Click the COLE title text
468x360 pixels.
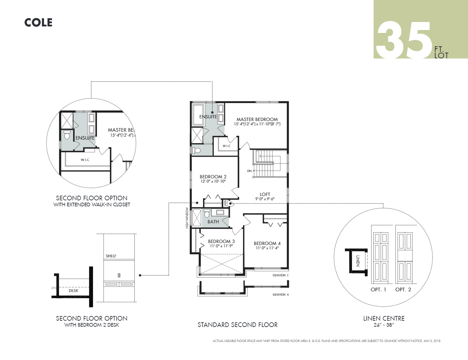coord(38,23)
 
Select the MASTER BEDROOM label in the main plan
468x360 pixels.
coord(257,119)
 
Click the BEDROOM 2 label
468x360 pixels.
coord(213,177)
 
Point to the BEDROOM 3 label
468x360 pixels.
coord(221,241)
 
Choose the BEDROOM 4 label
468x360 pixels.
coord(267,243)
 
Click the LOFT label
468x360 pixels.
coord(265,194)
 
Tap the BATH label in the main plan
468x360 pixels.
coord(213,222)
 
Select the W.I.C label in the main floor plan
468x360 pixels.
coord(227,146)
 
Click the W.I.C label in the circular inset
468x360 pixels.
coord(85,160)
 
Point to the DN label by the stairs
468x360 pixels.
coord(249,171)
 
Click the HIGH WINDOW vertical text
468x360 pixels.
coord(187,218)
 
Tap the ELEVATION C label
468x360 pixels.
coord(281,275)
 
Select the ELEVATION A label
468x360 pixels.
coord(281,295)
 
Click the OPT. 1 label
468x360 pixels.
coord(378,290)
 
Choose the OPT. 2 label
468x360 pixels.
coord(403,290)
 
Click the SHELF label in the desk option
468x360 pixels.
coord(111,256)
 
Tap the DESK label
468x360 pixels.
coord(73,291)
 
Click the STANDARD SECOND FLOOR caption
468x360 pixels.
coord(237,325)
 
